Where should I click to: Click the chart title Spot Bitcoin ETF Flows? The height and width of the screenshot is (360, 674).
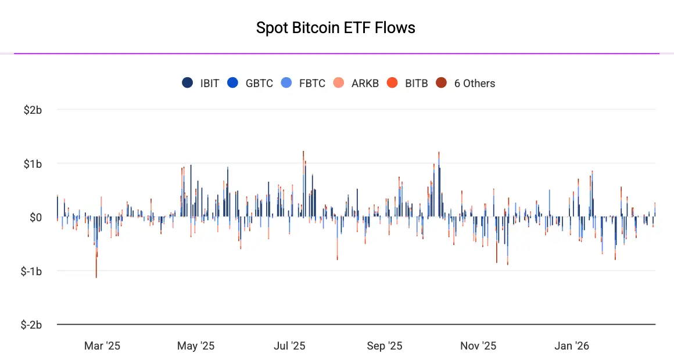pyautogui.click(x=336, y=28)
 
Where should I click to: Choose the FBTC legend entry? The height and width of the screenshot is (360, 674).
pyautogui.click(x=312, y=83)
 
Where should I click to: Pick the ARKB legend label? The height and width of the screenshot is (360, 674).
pyautogui.click(x=365, y=83)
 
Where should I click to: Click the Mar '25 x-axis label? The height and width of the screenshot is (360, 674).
pyautogui.click(x=102, y=346)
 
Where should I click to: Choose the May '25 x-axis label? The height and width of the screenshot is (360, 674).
pyautogui.click(x=196, y=346)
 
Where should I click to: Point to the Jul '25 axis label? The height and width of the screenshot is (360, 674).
pyautogui.click(x=289, y=346)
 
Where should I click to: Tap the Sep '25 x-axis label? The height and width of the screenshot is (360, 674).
pyautogui.click(x=385, y=346)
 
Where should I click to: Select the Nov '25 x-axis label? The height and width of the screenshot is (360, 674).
pyautogui.click(x=478, y=346)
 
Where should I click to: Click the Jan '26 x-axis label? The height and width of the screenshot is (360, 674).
pyautogui.click(x=572, y=346)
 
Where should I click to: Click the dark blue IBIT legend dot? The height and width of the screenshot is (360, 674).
pyautogui.click(x=188, y=83)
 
